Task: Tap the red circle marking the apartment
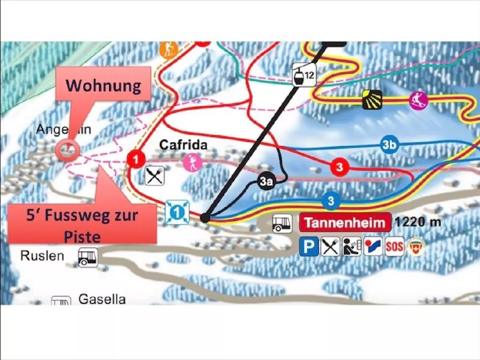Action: click(x=68, y=151)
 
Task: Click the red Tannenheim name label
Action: click(x=345, y=223)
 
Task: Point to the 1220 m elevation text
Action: click(x=418, y=222)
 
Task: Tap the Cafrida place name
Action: click(x=183, y=145)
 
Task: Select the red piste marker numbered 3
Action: click(x=340, y=167)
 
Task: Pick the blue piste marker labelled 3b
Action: click(x=389, y=145)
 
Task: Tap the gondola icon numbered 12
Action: click(x=303, y=74)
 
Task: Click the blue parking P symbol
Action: click(x=309, y=247)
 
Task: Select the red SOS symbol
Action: click(x=394, y=247)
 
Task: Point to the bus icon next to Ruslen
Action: click(x=88, y=257)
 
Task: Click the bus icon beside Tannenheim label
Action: click(x=282, y=223)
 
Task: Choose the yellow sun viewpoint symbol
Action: click(x=372, y=100)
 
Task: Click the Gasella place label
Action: click(x=102, y=299)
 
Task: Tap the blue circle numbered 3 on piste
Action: click(x=330, y=201)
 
